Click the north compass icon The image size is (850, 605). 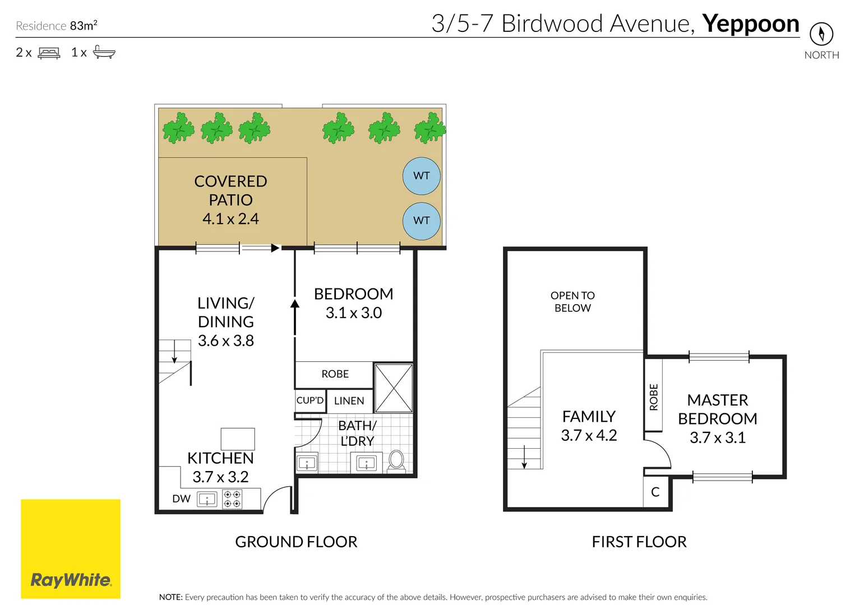821,34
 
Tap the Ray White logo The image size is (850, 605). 71,549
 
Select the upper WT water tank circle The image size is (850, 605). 422,176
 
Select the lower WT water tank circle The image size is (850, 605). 422,221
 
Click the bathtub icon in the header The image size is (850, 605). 104,52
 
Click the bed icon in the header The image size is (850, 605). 49,53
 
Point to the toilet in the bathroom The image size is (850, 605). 396,461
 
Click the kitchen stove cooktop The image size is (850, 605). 232,499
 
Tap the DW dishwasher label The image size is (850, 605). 181,499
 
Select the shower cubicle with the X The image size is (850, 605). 394,388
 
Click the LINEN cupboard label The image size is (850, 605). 349,401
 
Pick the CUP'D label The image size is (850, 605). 310,401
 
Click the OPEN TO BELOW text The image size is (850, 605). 572,301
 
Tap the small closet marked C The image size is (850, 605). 655,492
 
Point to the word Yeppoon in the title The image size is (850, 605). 750,24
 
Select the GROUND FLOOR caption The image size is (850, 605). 296,542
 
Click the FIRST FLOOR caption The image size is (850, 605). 639,542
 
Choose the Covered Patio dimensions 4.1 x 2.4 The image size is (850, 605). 230,218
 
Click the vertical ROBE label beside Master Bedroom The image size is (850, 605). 653,397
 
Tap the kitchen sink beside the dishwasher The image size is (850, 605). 207,499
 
